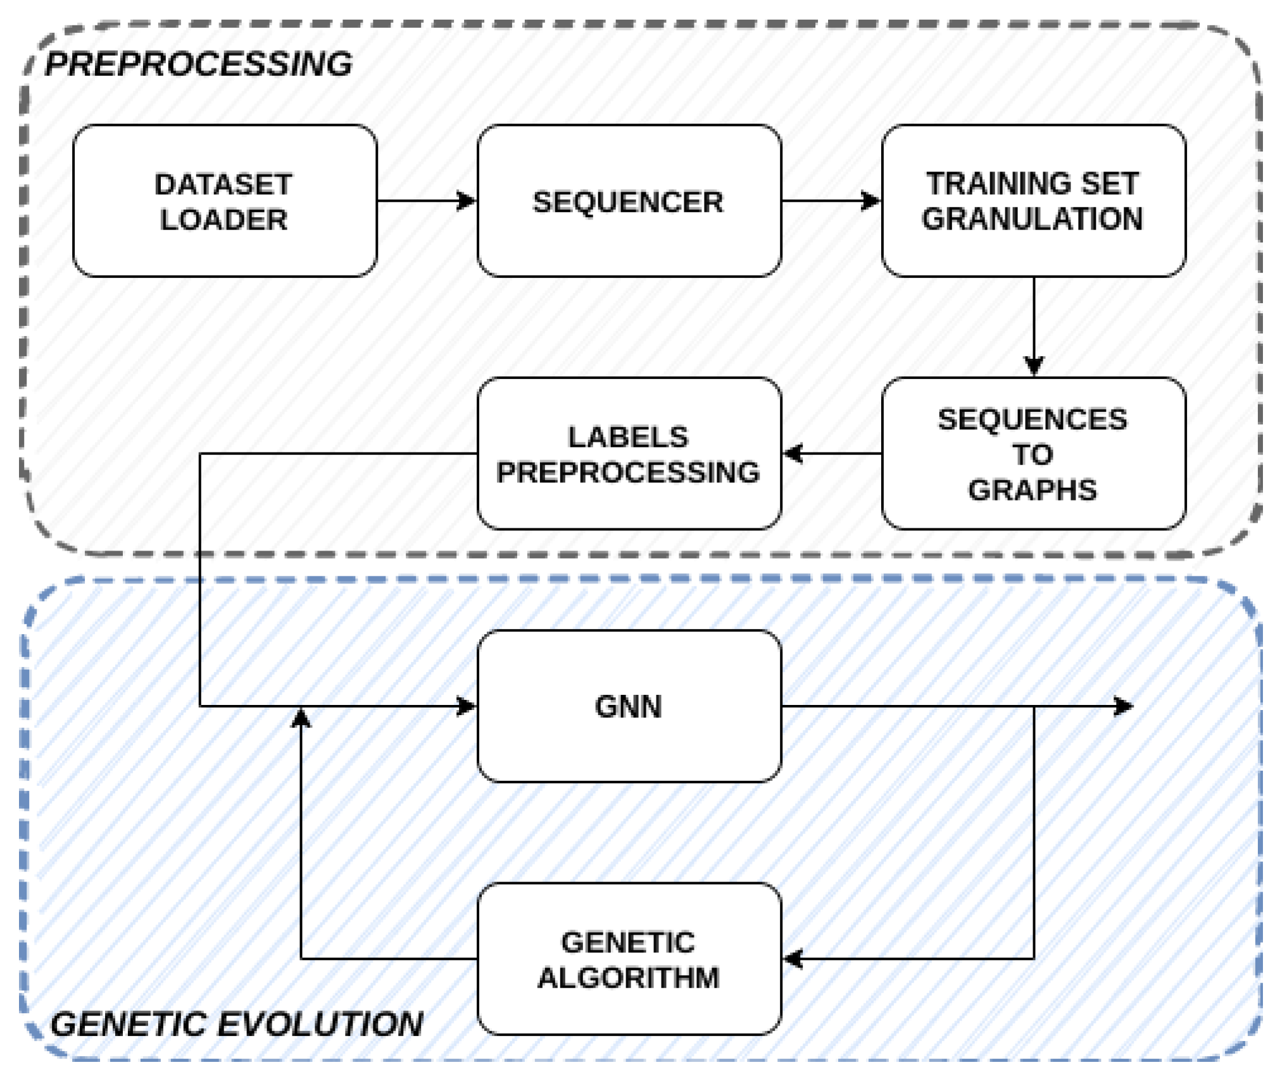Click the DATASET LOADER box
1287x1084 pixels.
click(x=225, y=201)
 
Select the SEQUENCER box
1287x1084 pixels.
click(x=629, y=201)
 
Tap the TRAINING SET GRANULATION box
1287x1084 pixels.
click(x=1033, y=201)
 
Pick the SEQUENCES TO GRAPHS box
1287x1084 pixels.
click(x=1033, y=453)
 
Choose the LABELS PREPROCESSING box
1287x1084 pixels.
click(x=629, y=453)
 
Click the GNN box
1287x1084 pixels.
click(x=629, y=706)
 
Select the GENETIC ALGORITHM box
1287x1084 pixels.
click(x=629, y=959)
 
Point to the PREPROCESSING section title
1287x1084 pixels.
click(x=198, y=64)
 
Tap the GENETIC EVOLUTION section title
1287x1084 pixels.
click(x=236, y=1024)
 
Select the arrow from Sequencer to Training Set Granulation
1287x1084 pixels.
click(x=831, y=201)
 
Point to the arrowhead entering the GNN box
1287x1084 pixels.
click(x=467, y=706)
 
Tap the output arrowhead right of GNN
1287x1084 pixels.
click(x=1123, y=706)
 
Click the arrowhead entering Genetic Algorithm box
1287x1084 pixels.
click(x=793, y=959)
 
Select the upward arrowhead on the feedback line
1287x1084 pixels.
click(x=301, y=718)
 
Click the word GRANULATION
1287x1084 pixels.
click(x=1032, y=219)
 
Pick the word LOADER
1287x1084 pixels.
click(x=223, y=220)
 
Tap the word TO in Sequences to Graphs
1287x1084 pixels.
click(x=1032, y=454)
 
